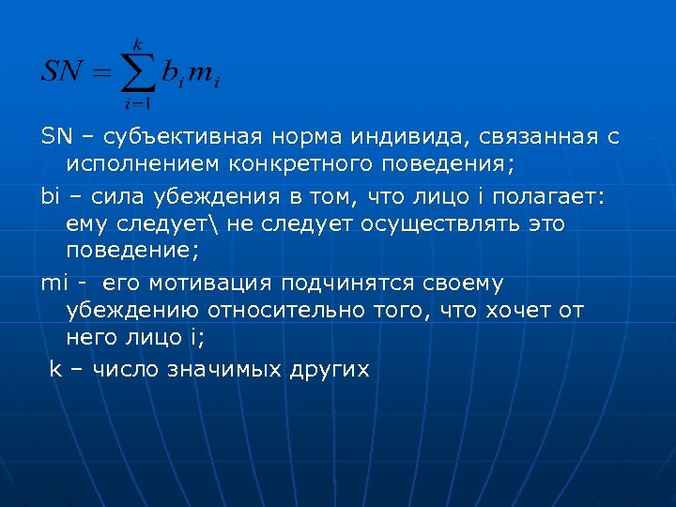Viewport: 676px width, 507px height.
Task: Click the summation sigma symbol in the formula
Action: pos(137,70)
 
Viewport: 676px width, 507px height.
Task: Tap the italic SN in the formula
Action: pos(62,72)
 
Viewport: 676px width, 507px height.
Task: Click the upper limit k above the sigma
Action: pos(137,43)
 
